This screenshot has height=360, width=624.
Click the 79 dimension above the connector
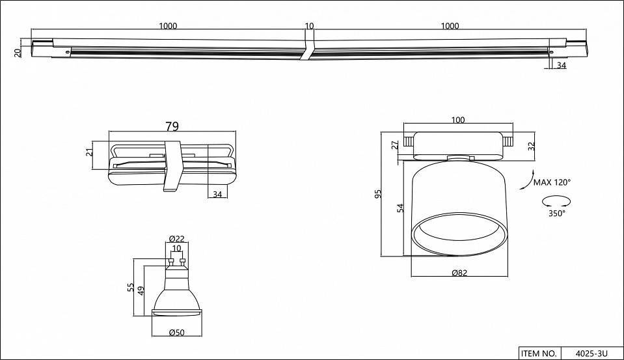click(172, 126)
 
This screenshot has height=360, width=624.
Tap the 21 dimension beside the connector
click(90, 152)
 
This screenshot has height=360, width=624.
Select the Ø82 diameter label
click(459, 274)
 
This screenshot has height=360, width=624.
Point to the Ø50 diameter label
click(176, 333)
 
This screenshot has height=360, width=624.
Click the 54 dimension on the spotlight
click(401, 208)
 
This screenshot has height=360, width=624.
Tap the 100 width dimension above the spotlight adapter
click(458, 120)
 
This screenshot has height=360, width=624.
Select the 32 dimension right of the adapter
click(531, 146)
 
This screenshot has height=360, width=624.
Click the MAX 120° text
click(552, 182)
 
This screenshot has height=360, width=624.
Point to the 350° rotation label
click(557, 213)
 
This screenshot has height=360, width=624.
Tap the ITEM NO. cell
click(538, 353)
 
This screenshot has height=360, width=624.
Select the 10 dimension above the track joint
click(309, 26)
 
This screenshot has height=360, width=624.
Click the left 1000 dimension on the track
click(168, 26)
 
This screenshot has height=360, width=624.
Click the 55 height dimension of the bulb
click(131, 287)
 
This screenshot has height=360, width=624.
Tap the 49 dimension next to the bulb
click(141, 291)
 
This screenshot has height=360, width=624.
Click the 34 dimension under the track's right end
click(561, 65)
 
